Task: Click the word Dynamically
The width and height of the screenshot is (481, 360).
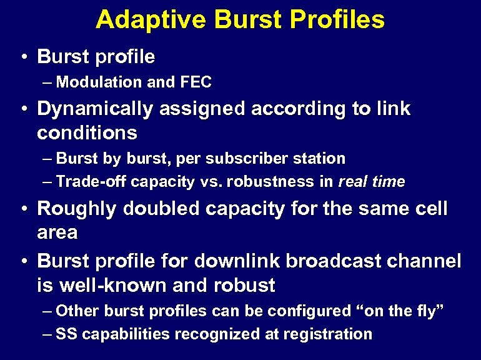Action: [x=97, y=109]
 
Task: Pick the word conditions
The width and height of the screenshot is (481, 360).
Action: [x=87, y=132]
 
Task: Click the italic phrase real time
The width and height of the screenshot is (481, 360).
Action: [x=371, y=182]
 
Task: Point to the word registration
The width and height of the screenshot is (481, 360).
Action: [x=327, y=334]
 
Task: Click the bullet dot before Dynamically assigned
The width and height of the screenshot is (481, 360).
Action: [x=23, y=109]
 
